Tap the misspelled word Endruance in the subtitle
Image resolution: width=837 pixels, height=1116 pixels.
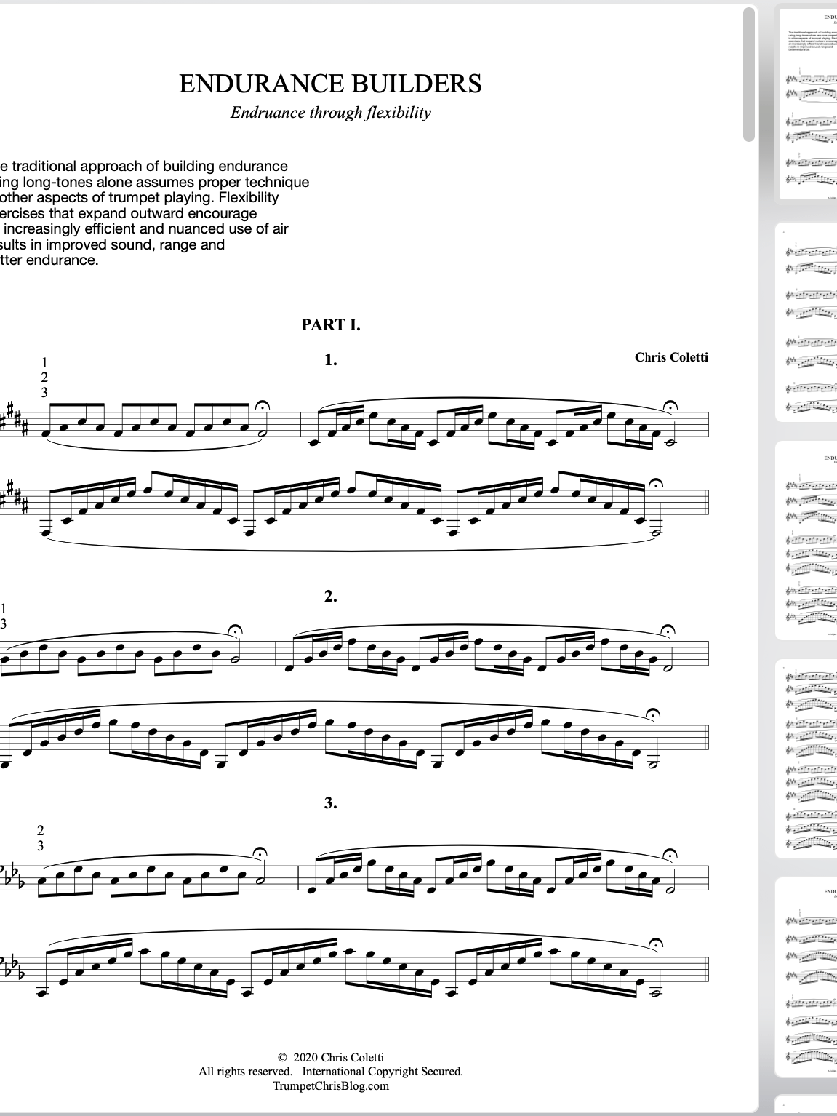(x=262, y=113)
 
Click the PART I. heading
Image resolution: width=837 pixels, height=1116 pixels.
(x=331, y=325)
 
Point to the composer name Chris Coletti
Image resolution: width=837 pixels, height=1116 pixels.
(x=671, y=356)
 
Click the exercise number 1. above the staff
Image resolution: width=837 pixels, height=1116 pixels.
(x=331, y=359)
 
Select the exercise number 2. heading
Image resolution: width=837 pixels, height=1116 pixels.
(x=331, y=597)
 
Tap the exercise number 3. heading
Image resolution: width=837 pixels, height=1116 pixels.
(x=331, y=803)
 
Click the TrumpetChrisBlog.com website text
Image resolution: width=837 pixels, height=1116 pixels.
(x=331, y=1086)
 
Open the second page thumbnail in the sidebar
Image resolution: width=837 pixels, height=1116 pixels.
(x=808, y=320)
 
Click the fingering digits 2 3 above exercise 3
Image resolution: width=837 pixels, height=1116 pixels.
(x=41, y=838)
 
